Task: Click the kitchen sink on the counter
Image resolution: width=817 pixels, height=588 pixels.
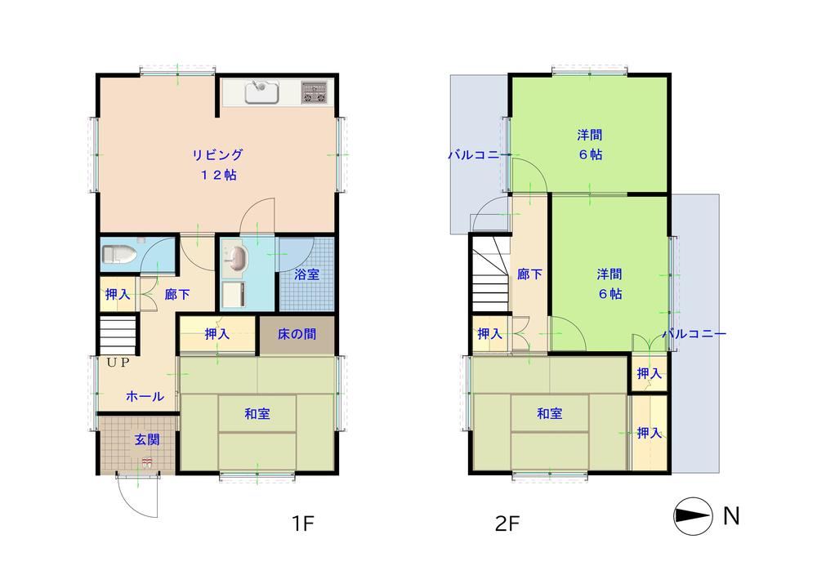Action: coord(262,93)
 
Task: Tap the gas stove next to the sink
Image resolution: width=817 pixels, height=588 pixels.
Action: coord(315,92)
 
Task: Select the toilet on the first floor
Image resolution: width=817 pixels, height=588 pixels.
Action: coord(119,255)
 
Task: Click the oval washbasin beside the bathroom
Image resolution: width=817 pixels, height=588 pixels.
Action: coord(237,258)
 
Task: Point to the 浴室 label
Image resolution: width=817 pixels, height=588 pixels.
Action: coord(306,274)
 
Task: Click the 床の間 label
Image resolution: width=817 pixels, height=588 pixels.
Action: coord(297,334)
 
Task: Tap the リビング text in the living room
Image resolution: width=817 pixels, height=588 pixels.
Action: coord(217,154)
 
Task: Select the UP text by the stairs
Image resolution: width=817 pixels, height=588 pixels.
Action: coord(118,363)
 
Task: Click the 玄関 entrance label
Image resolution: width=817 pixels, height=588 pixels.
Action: coord(147,439)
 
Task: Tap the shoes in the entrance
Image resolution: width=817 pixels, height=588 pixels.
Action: coord(147,462)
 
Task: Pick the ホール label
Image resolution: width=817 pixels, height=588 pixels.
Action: coord(145,396)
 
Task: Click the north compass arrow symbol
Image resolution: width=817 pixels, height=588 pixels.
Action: coord(693,516)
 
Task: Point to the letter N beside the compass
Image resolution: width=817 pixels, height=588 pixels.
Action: coord(731,515)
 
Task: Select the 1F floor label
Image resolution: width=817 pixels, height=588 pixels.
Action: coord(302,523)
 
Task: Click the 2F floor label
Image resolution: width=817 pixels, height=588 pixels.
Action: coord(507,523)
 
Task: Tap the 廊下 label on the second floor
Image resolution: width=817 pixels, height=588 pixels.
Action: coord(529,274)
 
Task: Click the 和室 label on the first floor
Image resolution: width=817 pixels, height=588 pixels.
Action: coord(257,414)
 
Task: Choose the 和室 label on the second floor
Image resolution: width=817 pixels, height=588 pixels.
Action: coord(550,414)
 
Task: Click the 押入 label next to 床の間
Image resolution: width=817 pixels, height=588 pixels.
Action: coord(217,334)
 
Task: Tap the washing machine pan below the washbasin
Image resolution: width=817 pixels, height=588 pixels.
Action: coord(233,295)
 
